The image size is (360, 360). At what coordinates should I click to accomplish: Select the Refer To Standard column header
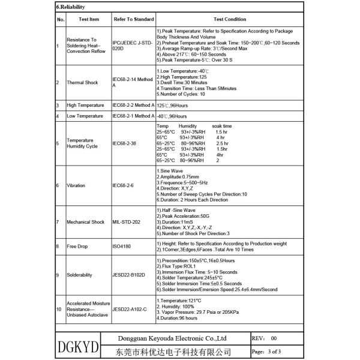(x=133, y=19)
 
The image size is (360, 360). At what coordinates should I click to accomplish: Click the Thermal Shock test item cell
(x=83, y=83)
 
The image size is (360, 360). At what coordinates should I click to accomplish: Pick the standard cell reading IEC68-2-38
(x=129, y=144)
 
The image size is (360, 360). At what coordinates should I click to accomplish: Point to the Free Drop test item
(x=79, y=247)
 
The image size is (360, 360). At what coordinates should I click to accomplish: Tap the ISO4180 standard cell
(x=124, y=247)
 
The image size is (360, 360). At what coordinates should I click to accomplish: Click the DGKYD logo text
(x=76, y=347)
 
